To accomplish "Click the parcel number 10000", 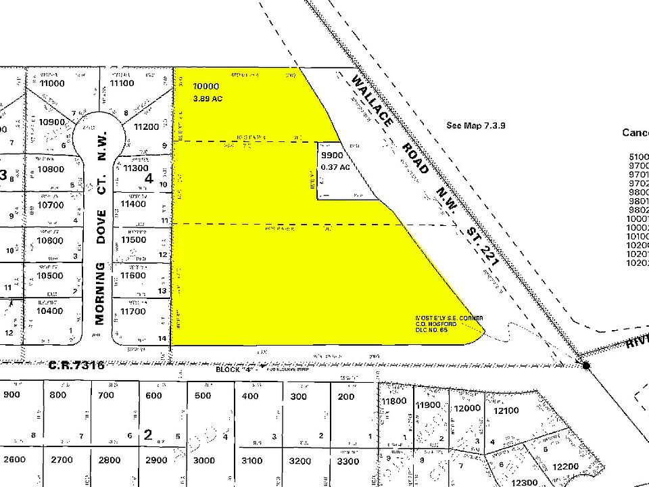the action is pyautogui.click(x=206, y=87).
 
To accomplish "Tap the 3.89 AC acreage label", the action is pyautogui.click(x=208, y=99).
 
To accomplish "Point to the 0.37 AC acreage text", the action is pyautogui.click(x=336, y=167).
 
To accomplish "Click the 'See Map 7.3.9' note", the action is pyautogui.click(x=476, y=125).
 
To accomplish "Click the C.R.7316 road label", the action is pyautogui.click(x=76, y=365).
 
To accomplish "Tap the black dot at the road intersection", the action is pyautogui.click(x=586, y=365).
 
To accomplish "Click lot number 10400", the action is pyautogui.click(x=50, y=311).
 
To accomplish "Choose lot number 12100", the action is pyautogui.click(x=507, y=411).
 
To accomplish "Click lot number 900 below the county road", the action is pyautogui.click(x=11, y=396).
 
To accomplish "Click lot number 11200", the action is pyautogui.click(x=146, y=126).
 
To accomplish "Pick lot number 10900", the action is pyautogui.click(x=51, y=122).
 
